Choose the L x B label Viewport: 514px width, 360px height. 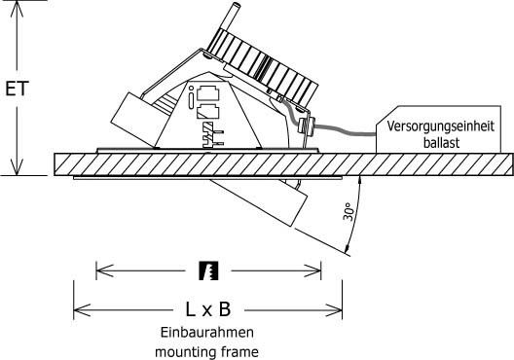pyautogui.click(x=207, y=309)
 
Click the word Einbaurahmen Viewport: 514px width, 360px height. pyautogui.click(x=207, y=332)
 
